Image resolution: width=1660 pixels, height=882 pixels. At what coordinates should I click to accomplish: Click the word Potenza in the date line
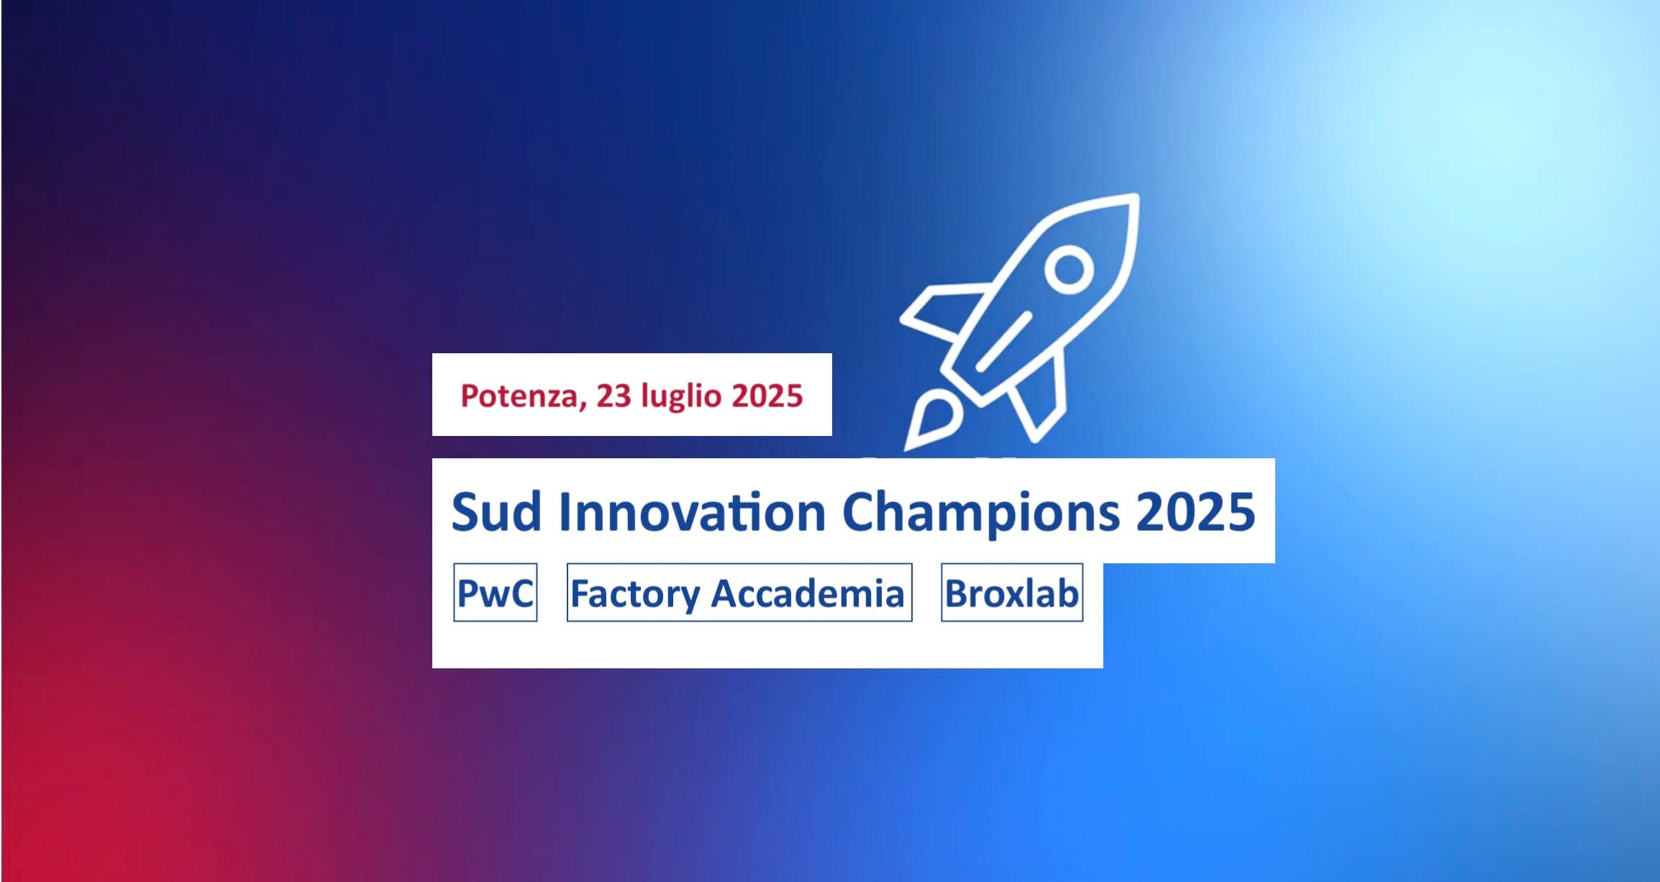pyautogui.click(x=519, y=396)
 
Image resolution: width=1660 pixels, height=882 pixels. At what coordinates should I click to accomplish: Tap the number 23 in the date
pyautogui.click(x=614, y=396)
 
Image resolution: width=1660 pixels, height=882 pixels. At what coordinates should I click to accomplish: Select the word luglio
pyautogui.click(x=681, y=397)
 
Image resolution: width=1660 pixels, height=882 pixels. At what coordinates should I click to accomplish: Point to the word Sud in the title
pyautogui.click(x=496, y=512)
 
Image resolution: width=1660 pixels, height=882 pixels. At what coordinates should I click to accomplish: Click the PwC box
pyautogui.click(x=496, y=593)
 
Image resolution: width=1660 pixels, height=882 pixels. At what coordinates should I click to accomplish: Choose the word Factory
pyautogui.click(x=634, y=594)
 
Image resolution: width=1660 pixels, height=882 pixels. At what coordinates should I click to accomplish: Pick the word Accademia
pyautogui.click(x=808, y=593)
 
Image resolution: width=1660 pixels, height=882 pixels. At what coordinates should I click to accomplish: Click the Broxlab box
pyautogui.click(x=1012, y=593)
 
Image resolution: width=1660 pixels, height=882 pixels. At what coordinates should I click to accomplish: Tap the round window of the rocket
pyautogui.click(x=1069, y=270)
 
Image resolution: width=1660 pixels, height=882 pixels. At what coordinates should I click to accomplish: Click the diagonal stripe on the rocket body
pyautogui.click(x=1003, y=342)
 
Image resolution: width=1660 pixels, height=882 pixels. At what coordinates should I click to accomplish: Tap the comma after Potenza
pyautogui.click(x=581, y=405)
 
